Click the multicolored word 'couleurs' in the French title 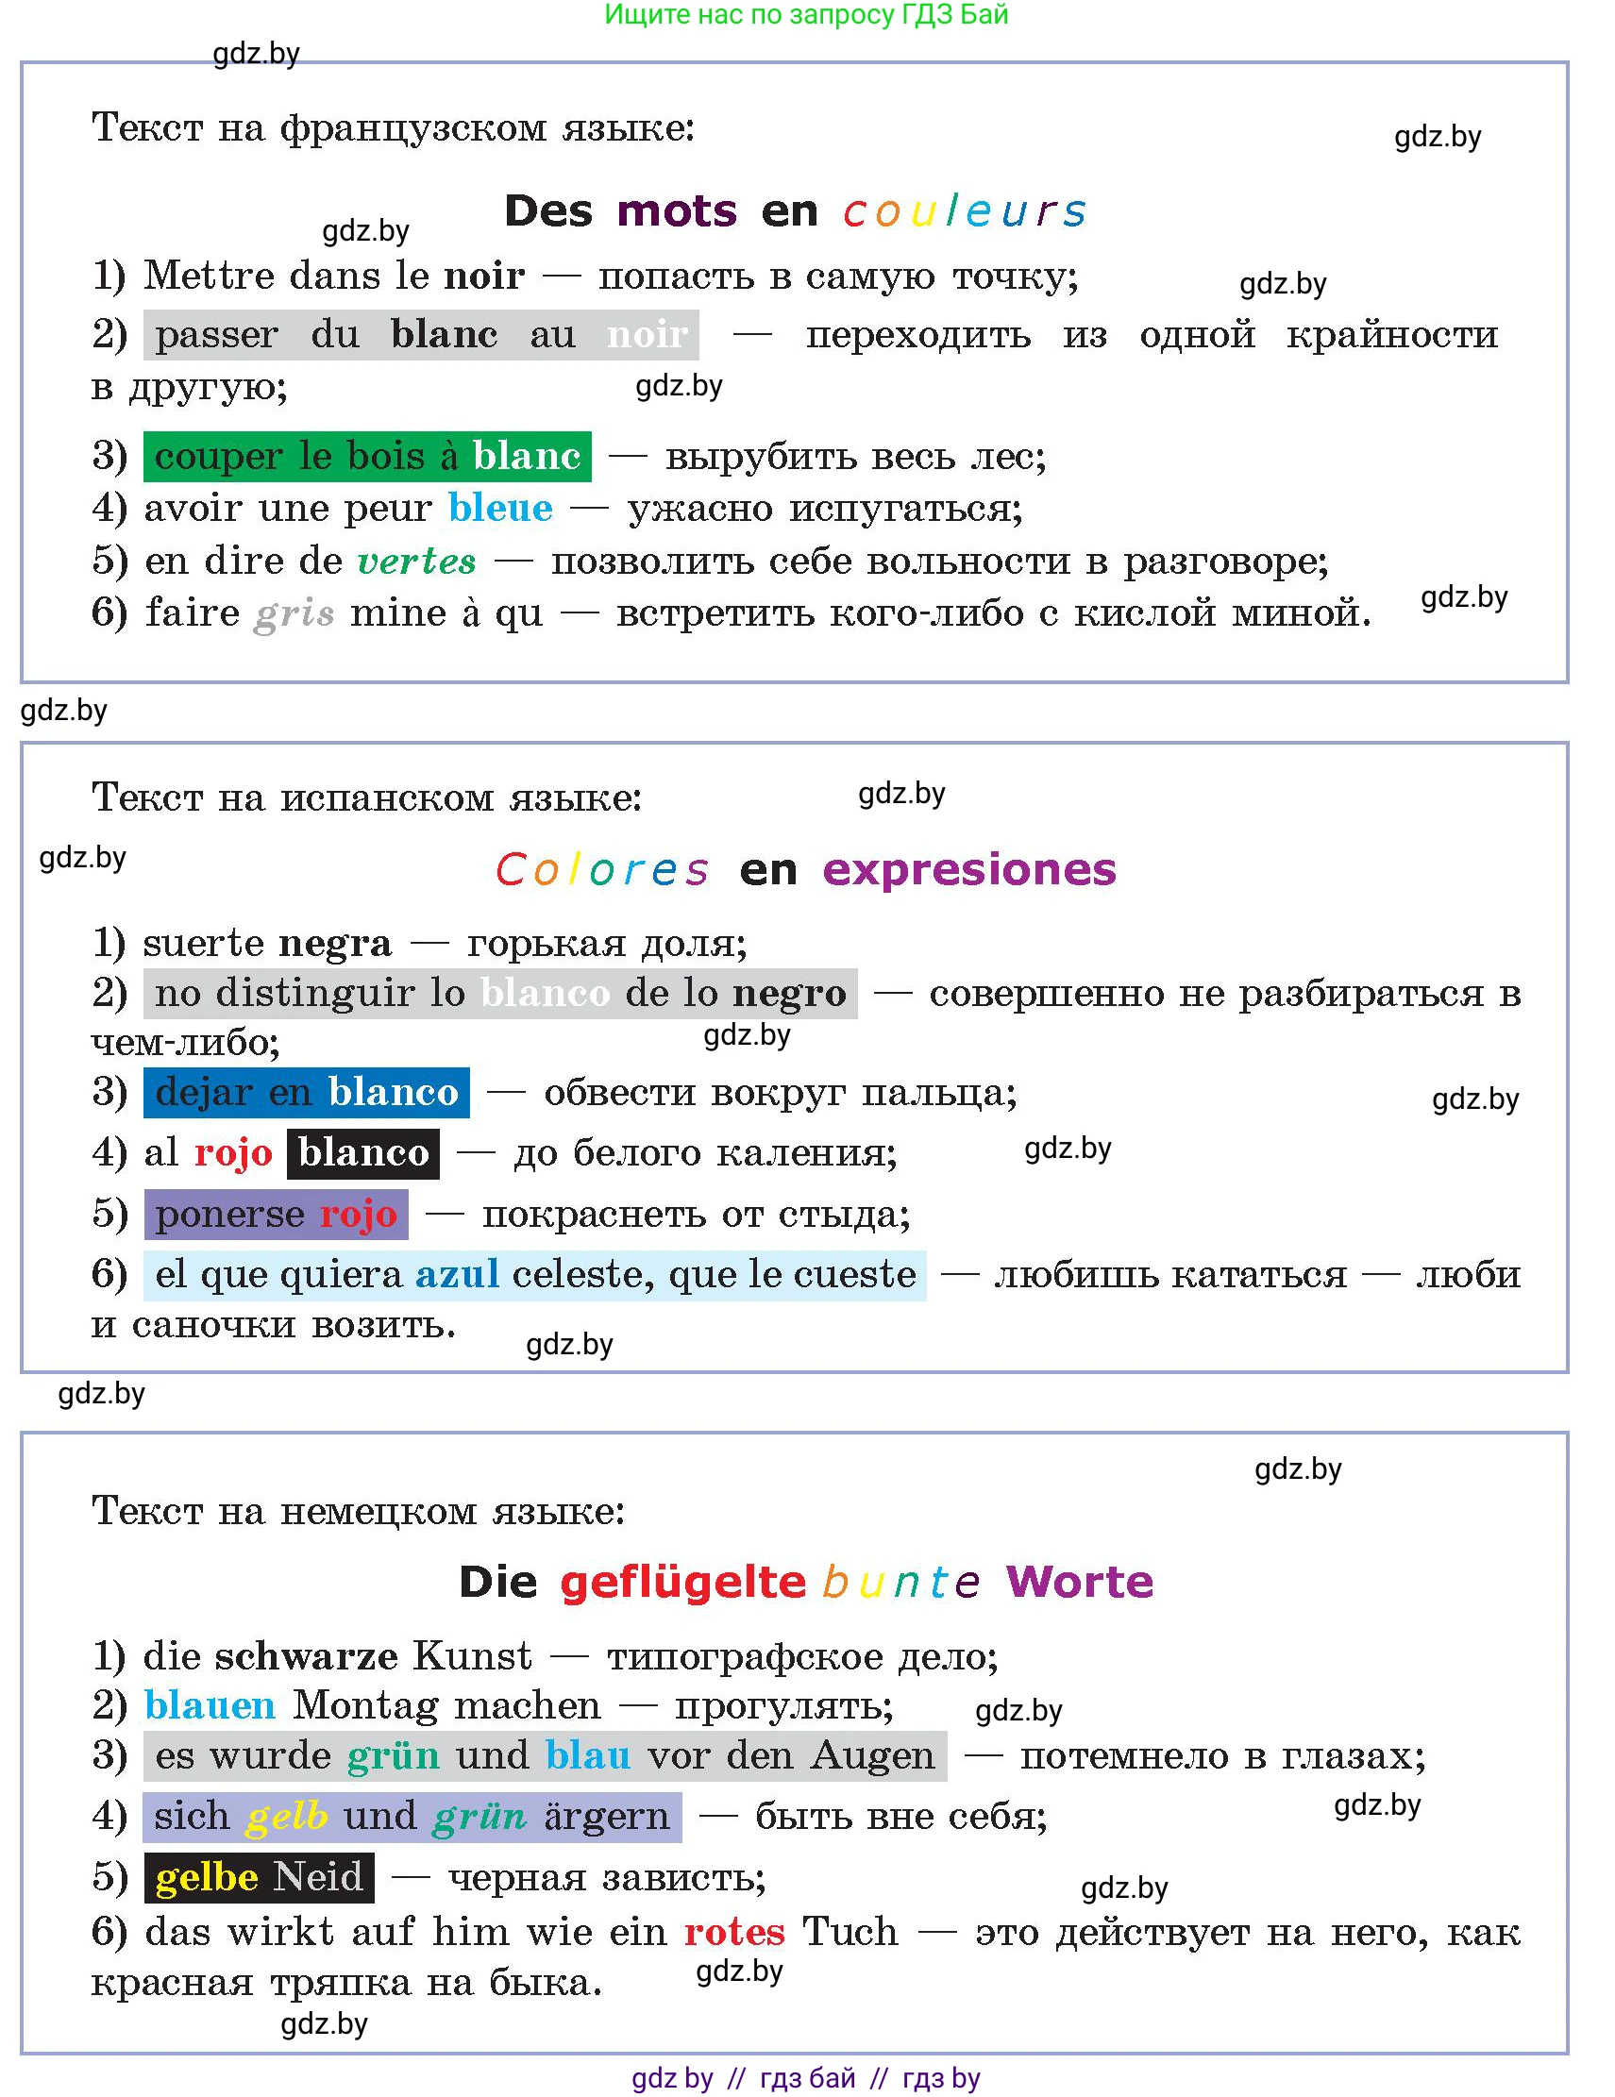pos(964,211)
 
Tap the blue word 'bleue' pos(500,508)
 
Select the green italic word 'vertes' pos(416,561)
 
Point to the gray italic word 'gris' pos(294,612)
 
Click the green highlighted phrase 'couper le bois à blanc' pos(367,456)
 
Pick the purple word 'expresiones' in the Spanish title pos(968,870)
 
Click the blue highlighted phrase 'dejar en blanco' pos(306,1093)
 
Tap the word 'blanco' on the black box pos(363,1153)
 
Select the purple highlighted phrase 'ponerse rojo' pos(276,1215)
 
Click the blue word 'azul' pos(457,1275)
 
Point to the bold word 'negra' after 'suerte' pos(335,944)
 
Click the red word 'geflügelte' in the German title pos(682,1583)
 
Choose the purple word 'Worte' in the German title pos(1079,1583)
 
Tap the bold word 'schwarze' pos(305,1656)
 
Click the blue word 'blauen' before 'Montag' pos(210,1706)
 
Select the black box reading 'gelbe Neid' pos(259,1877)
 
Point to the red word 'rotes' pos(734,1932)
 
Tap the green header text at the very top pos(805,14)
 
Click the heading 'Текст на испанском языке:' pos(367,797)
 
